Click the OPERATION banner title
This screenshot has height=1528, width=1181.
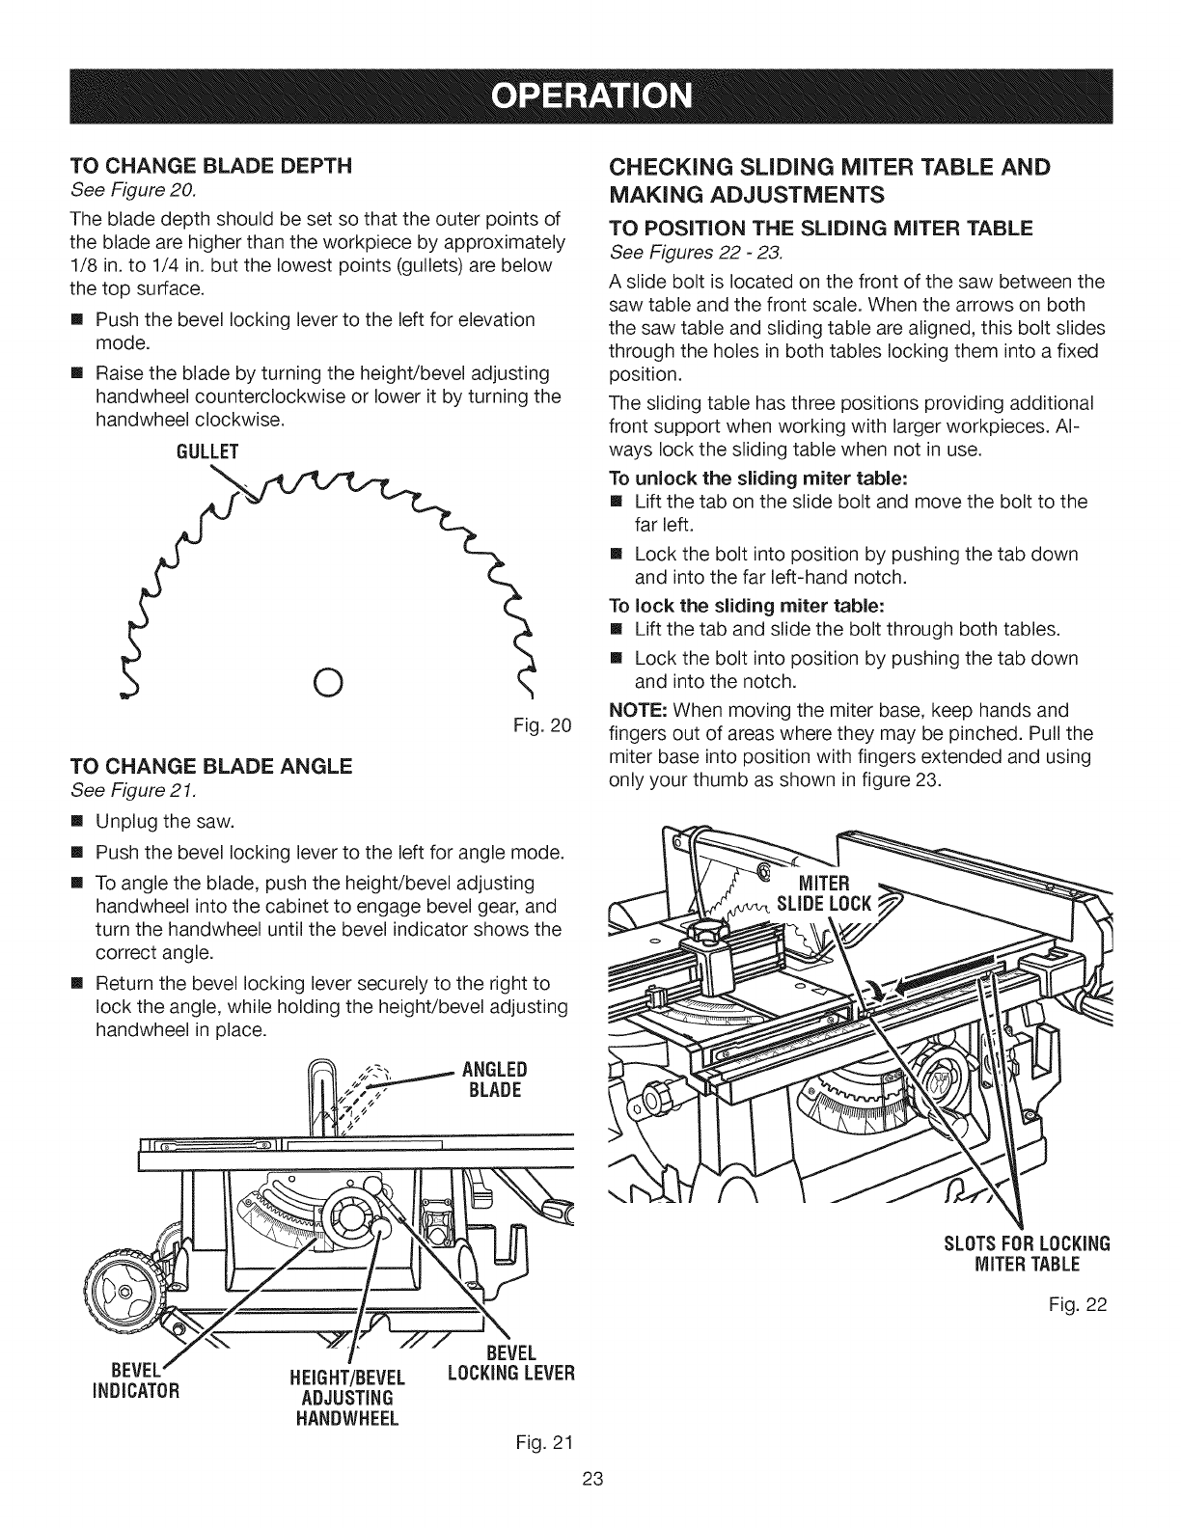click(590, 96)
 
